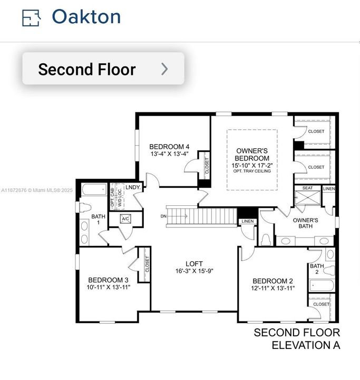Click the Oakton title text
(x=86, y=17)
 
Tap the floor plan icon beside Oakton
(x=31, y=18)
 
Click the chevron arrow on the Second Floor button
(x=164, y=69)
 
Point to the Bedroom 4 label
(x=169, y=147)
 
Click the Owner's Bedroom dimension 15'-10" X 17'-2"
(x=252, y=165)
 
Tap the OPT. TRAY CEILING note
(x=252, y=172)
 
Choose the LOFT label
(x=194, y=264)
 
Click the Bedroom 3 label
(x=108, y=280)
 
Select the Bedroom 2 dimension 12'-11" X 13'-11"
(x=273, y=288)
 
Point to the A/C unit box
(x=125, y=218)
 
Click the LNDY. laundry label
(x=133, y=187)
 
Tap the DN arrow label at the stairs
(x=164, y=216)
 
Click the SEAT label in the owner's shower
(x=307, y=188)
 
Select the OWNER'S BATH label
(x=305, y=223)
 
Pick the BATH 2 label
(x=317, y=269)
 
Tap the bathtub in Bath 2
(x=320, y=286)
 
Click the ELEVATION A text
(x=306, y=345)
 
